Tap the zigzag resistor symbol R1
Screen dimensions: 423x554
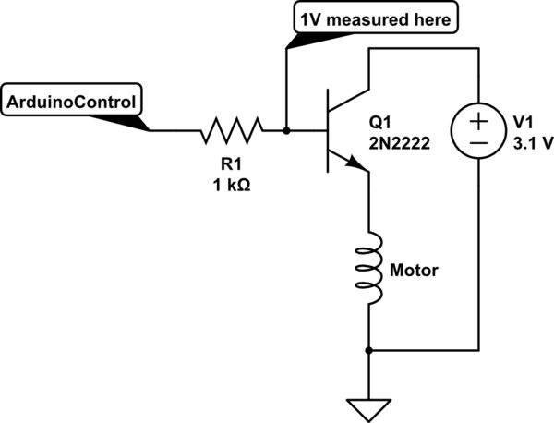tap(231, 130)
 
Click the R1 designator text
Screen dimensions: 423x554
tap(231, 163)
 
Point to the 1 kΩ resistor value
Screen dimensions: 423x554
tap(231, 183)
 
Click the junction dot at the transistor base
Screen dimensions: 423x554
tap(287, 130)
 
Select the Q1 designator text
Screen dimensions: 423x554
tap(380, 122)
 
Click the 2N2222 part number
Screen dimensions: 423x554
tap(400, 141)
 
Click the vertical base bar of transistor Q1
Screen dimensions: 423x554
tap(328, 130)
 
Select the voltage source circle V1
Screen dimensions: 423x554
tap(477, 130)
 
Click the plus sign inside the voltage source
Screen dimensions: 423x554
tap(477, 118)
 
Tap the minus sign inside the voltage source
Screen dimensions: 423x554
tap(477, 144)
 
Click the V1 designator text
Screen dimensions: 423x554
tap(524, 122)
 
